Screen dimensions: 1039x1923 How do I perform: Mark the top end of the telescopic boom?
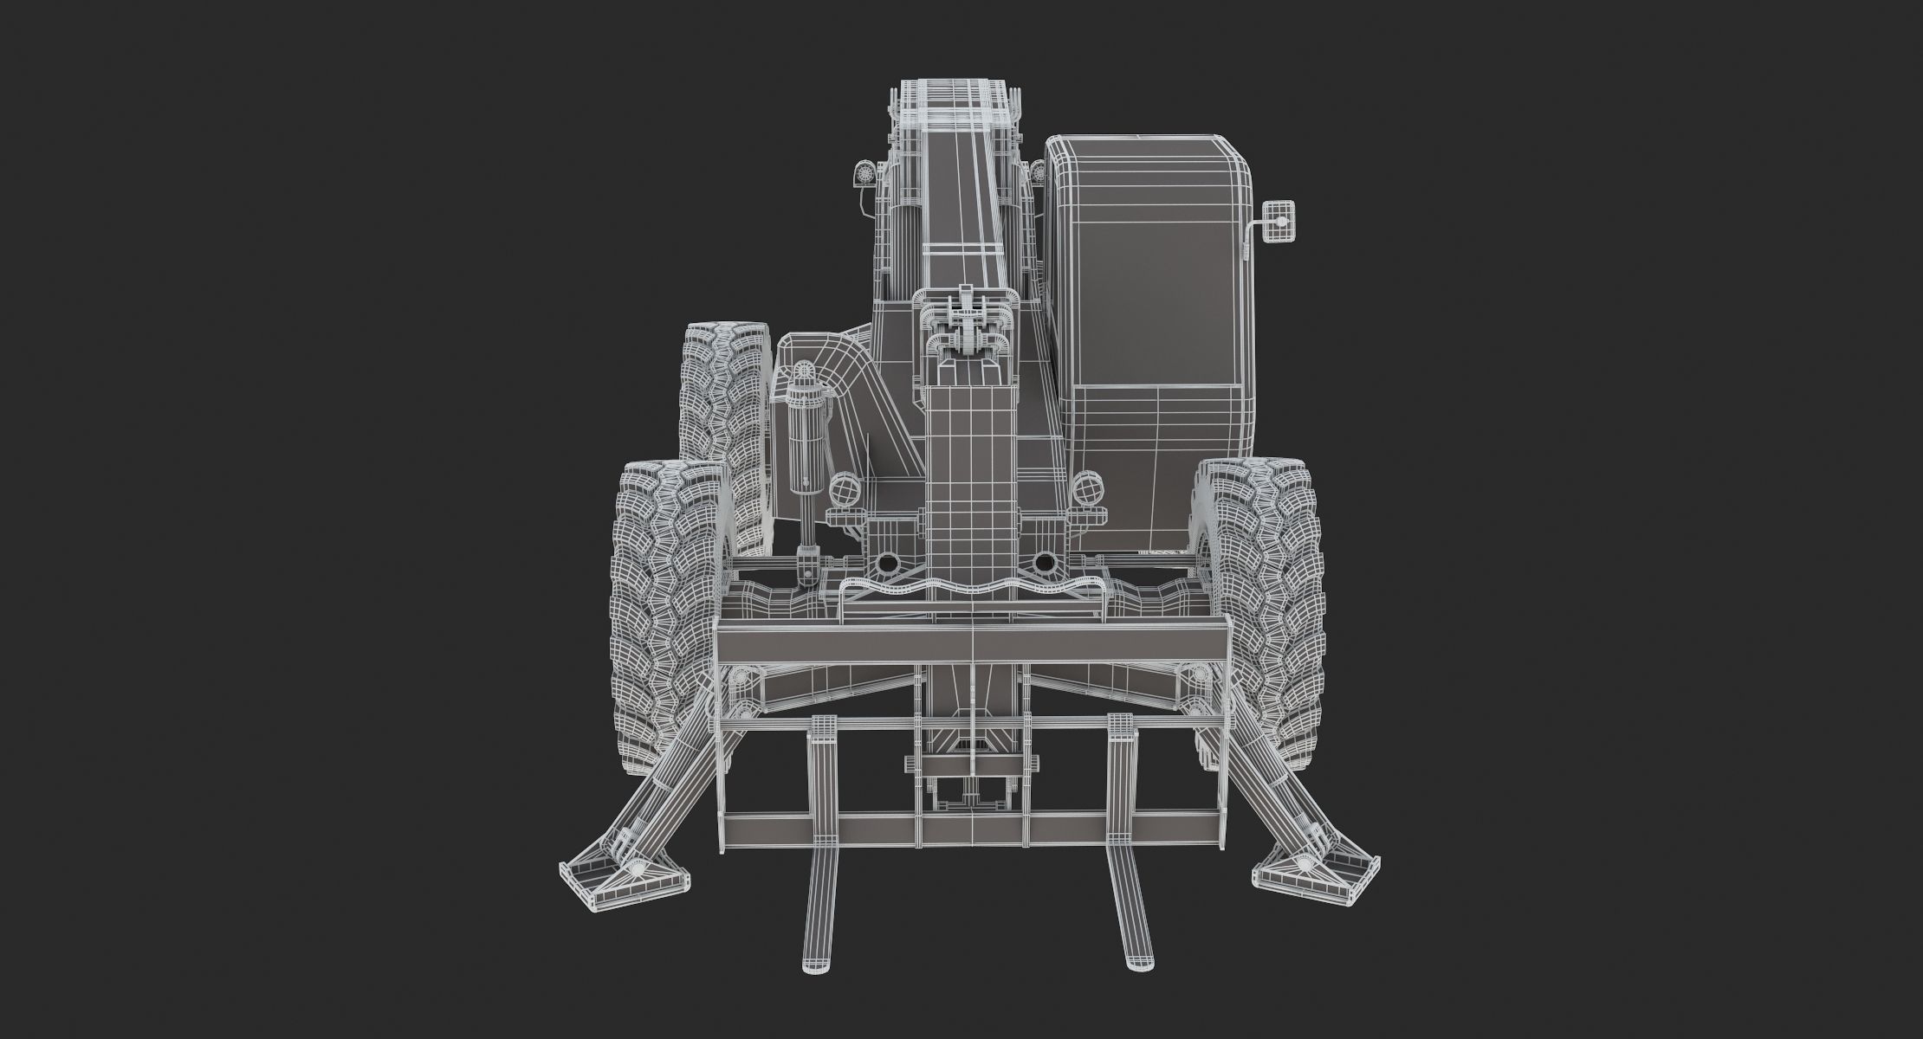click(x=950, y=95)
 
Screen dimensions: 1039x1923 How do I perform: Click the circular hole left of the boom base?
click(x=886, y=564)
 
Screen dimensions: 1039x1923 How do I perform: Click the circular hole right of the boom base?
click(x=1046, y=564)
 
